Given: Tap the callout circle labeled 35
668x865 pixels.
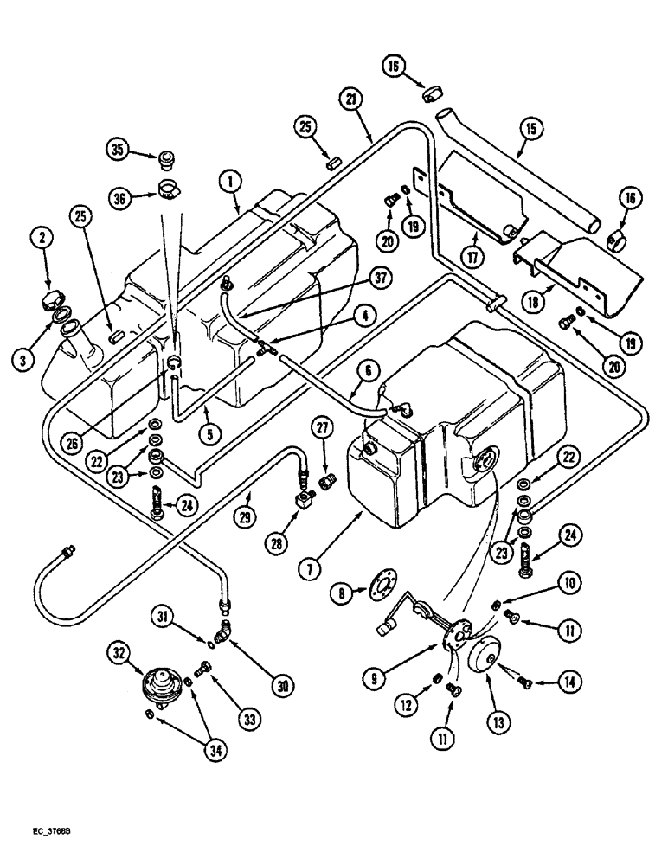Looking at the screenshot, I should tap(119, 151).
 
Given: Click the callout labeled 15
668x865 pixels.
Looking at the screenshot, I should tap(531, 129).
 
